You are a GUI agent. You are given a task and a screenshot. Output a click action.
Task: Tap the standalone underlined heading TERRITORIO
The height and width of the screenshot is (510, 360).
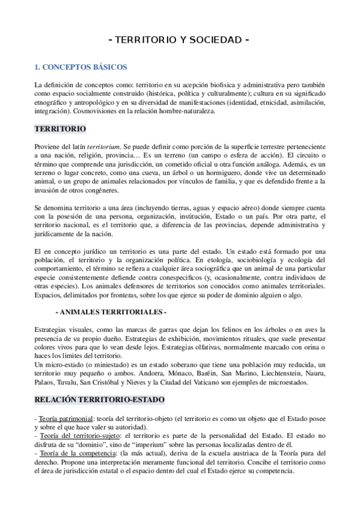tap(60, 129)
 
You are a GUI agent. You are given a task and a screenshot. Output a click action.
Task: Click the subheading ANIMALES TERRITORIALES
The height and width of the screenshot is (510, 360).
tap(110, 313)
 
